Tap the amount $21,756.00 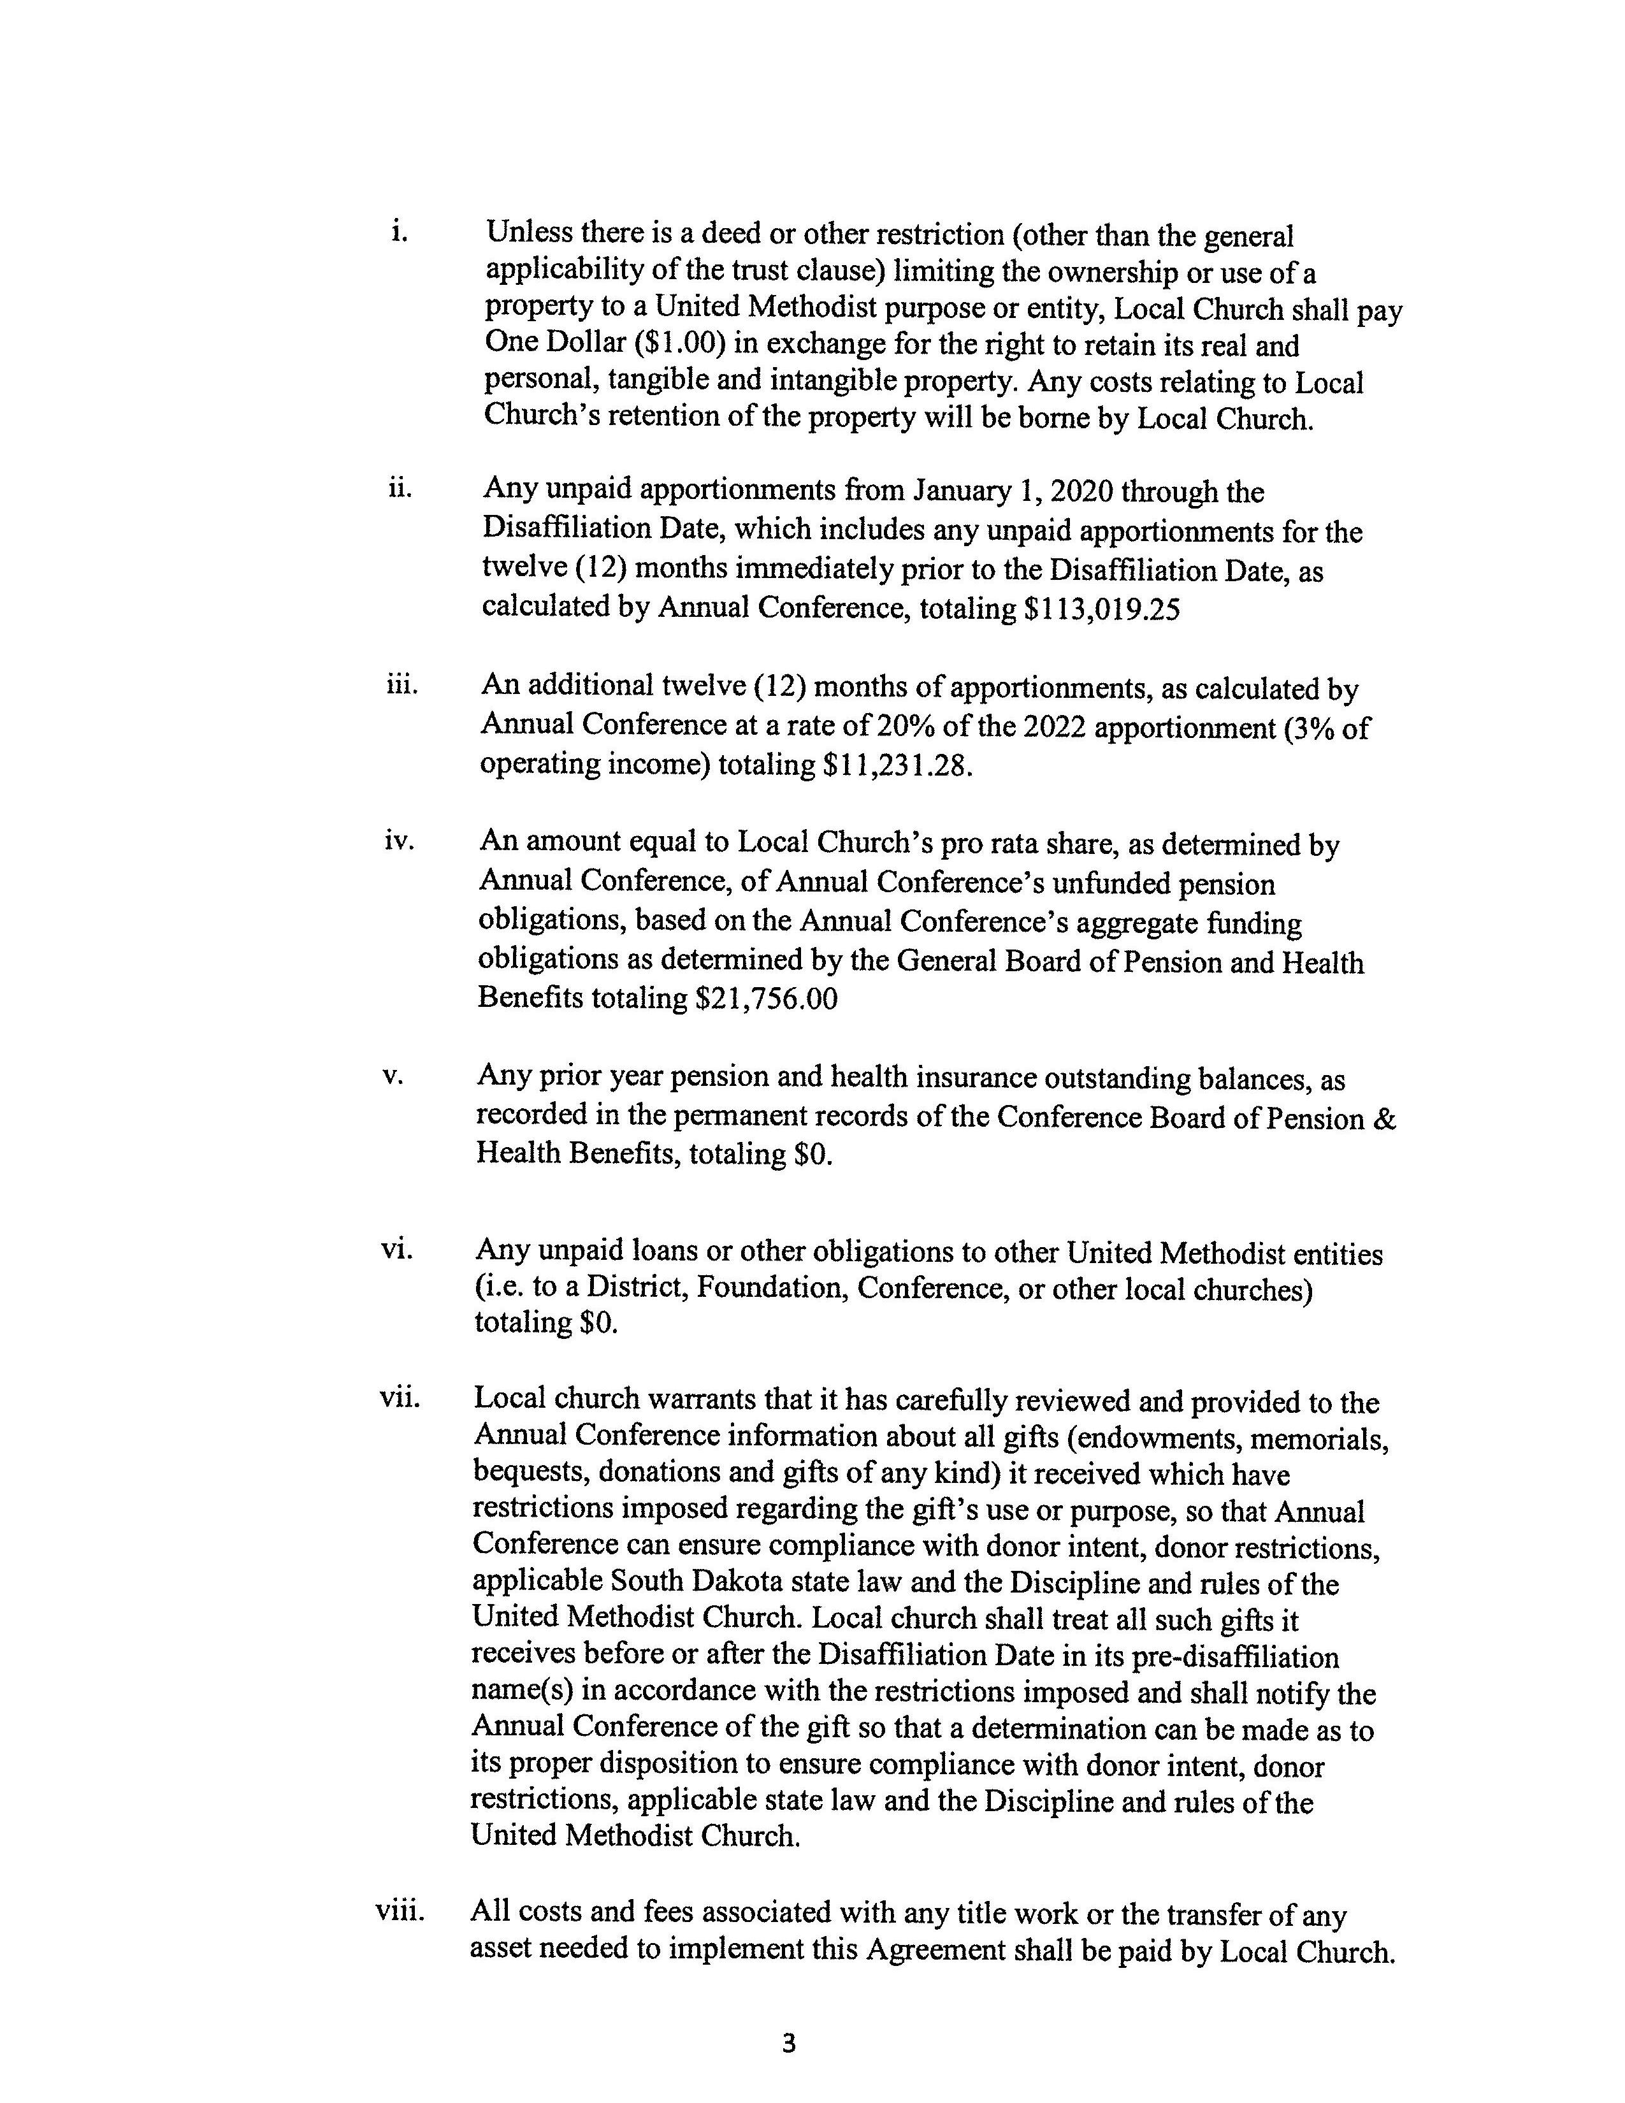(x=766, y=999)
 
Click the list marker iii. (x=400, y=686)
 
